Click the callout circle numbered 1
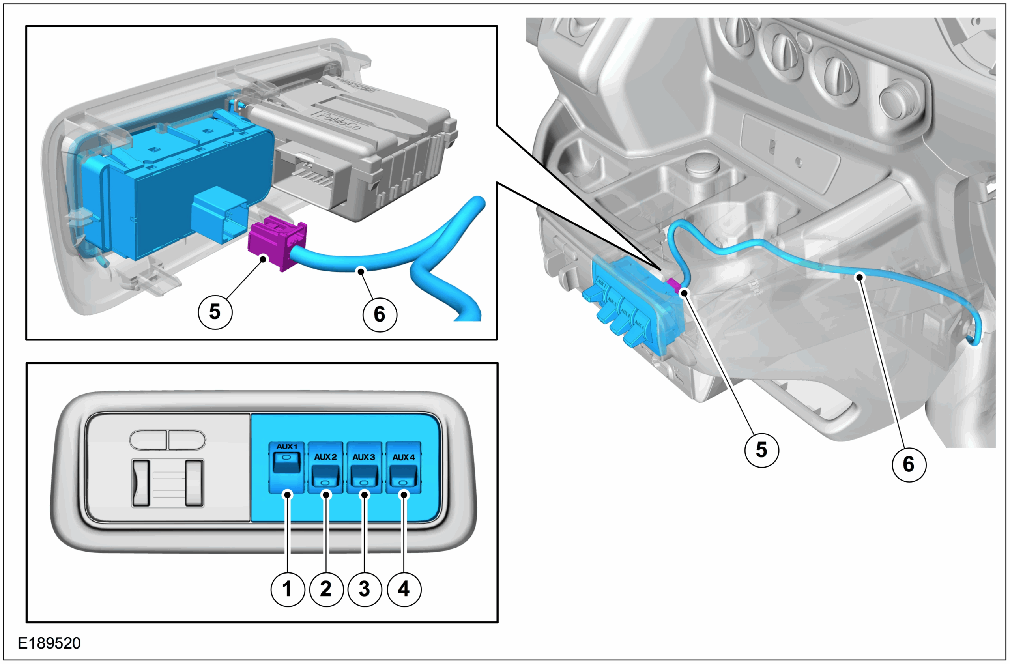coord(288,589)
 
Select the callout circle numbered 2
coord(326,589)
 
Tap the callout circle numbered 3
coord(365,589)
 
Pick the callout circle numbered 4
coord(404,589)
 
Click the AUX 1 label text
coord(287,446)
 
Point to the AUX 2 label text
coord(325,457)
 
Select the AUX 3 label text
coord(364,457)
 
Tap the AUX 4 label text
coord(403,457)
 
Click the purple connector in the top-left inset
coord(277,242)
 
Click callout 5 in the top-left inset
coord(215,312)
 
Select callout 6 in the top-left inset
coord(380,314)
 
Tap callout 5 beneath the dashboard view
coord(762,450)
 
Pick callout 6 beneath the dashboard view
coord(909,464)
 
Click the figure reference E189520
coord(49,643)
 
